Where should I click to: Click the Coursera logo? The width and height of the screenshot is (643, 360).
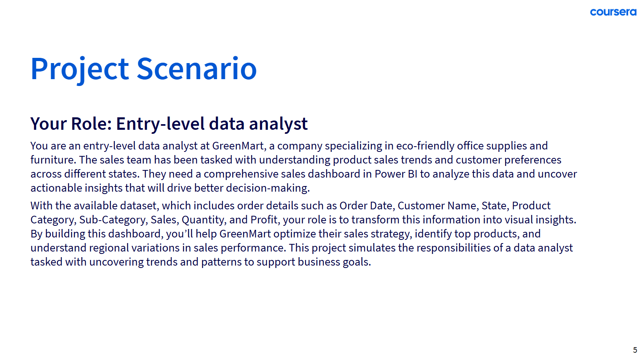[613, 12]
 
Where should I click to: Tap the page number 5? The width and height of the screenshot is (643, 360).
[635, 350]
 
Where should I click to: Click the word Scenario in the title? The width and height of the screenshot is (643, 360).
[197, 69]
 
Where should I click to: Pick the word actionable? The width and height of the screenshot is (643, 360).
[56, 188]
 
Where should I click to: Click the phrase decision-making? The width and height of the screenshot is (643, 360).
[268, 188]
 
